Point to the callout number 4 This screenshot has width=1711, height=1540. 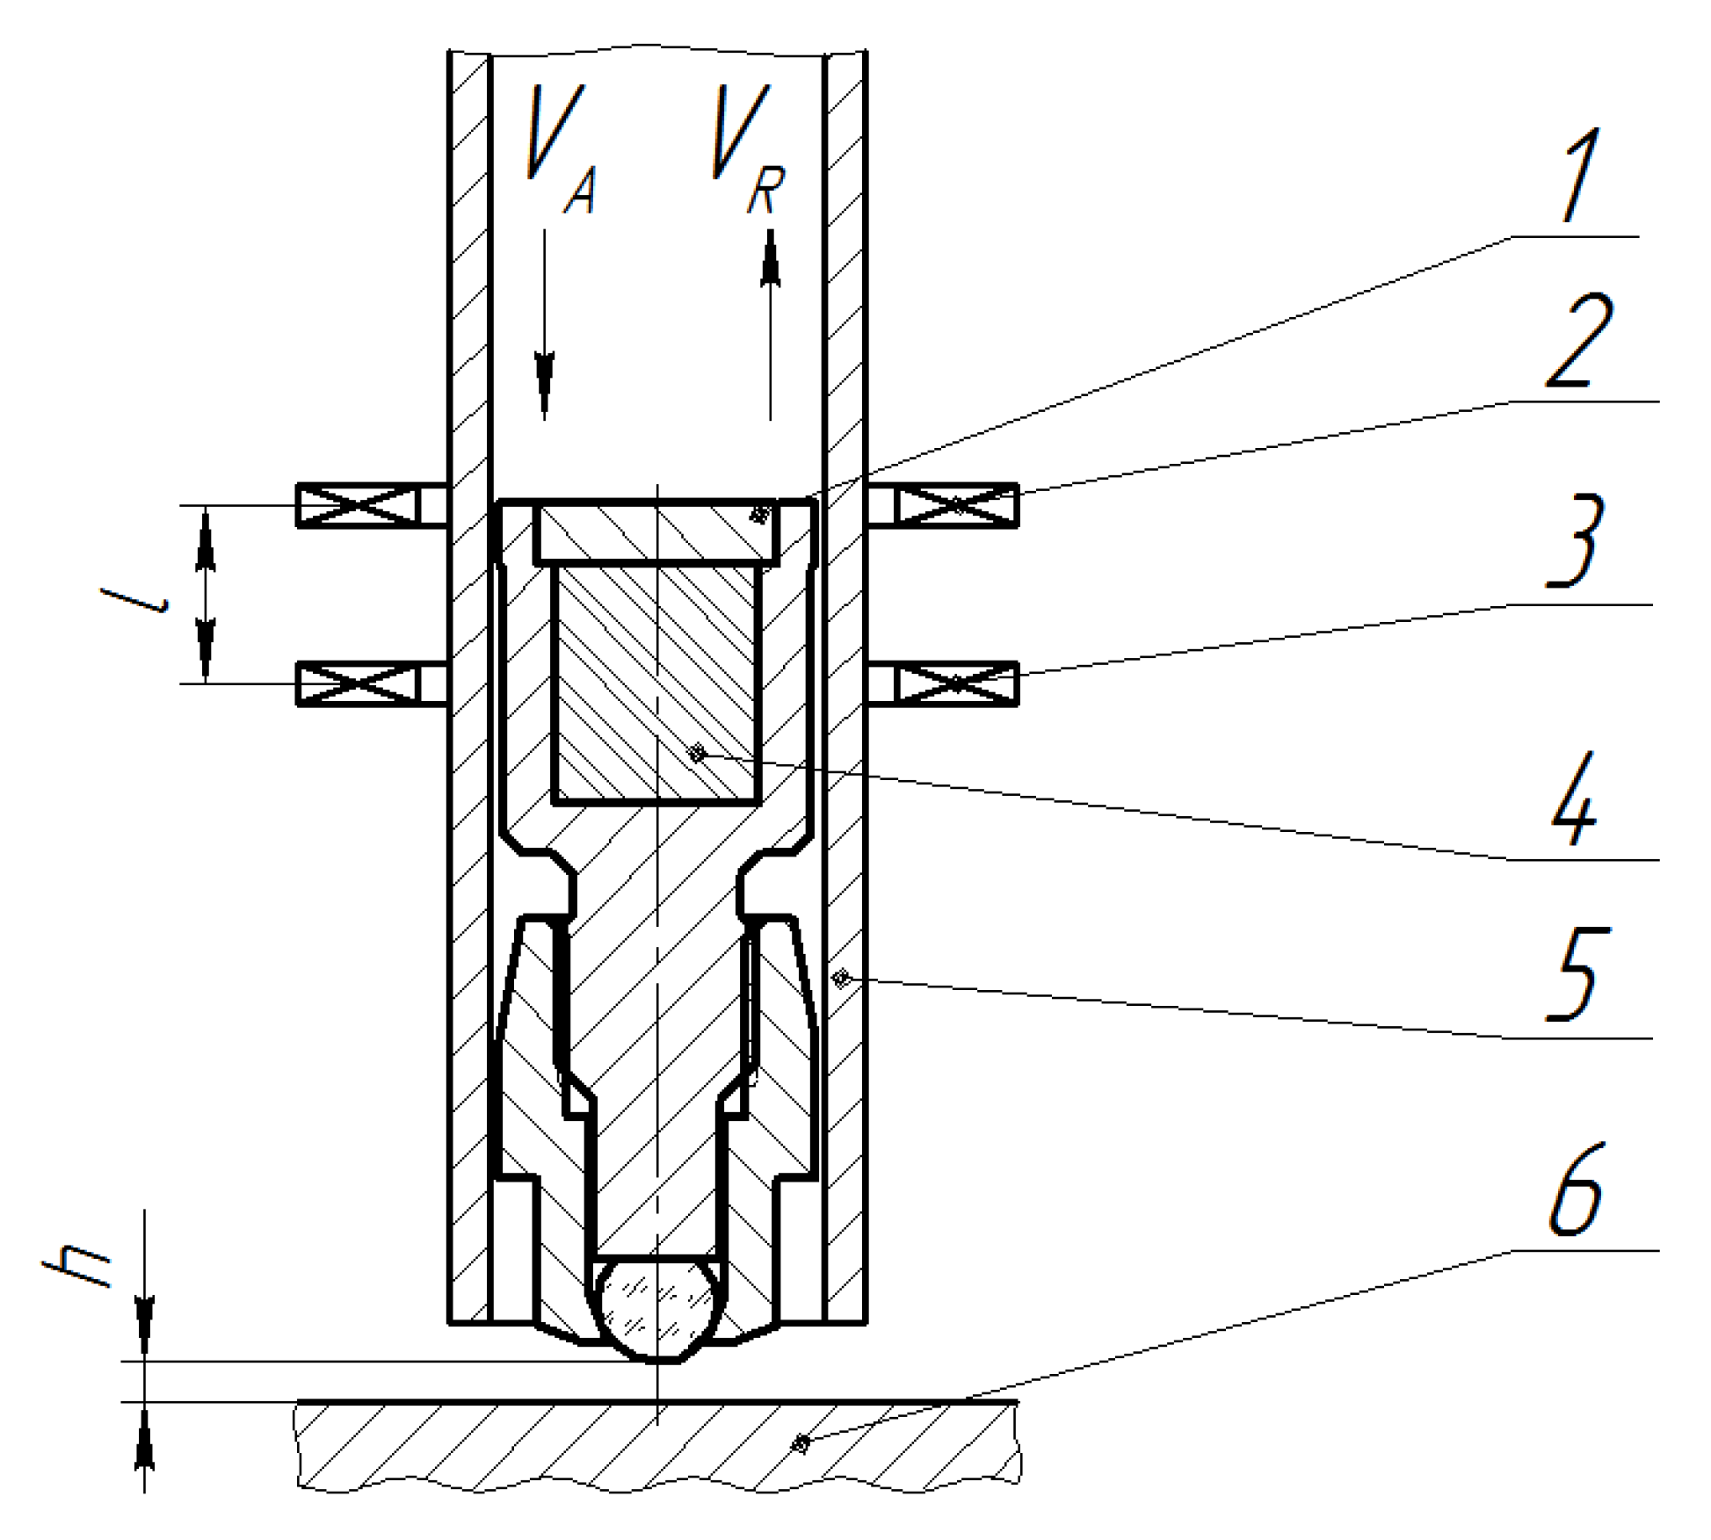pyautogui.click(x=1574, y=798)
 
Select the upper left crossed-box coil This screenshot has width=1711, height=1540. pyautogui.click(x=358, y=506)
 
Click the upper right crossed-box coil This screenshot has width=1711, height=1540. pyautogui.click(x=956, y=506)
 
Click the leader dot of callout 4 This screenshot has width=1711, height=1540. pyautogui.click(x=697, y=753)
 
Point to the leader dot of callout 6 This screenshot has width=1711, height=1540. pyautogui.click(x=801, y=1443)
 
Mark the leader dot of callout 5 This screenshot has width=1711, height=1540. pyautogui.click(x=842, y=977)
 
